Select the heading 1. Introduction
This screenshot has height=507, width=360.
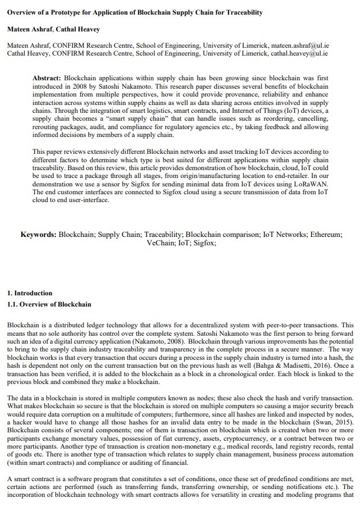tap(29, 293)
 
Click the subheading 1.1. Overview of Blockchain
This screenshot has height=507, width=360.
tap(49, 304)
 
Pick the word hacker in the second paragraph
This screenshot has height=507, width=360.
tap(21, 414)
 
